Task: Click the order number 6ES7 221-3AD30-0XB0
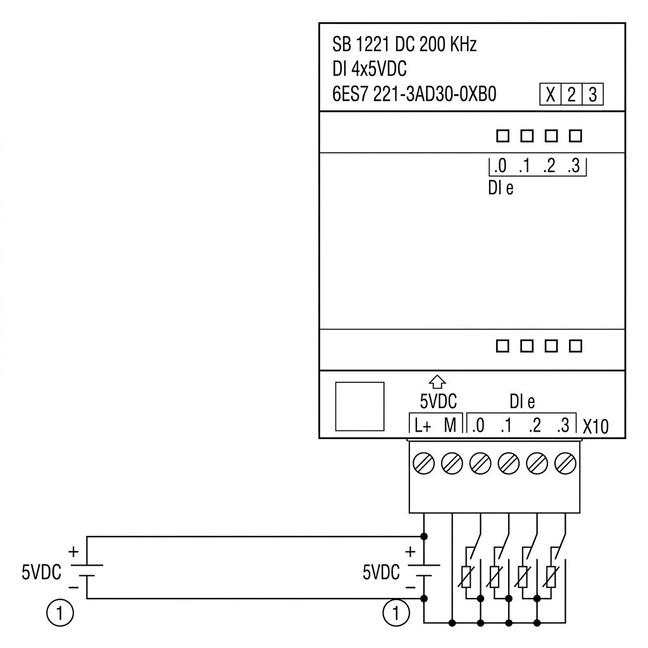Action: click(x=414, y=94)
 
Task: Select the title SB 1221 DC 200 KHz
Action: click(x=404, y=44)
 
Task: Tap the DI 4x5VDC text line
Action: click(x=370, y=69)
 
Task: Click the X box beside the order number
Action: click(x=551, y=95)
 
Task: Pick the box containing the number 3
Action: click(x=593, y=95)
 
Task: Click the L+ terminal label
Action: click(x=423, y=426)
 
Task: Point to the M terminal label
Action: click(x=450, y=425)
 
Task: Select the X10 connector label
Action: click(x=595, y=427)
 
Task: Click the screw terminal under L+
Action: click(x=423, y=463)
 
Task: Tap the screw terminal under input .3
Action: click(x=565, y=463)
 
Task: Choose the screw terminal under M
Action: click(x=452, y=463)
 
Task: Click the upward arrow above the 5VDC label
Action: click(x=437, y=382)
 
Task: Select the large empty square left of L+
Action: click(x=359, y=406)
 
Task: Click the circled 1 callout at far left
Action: click(x=60, y=613)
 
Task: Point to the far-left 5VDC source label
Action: click(x=41, y=572)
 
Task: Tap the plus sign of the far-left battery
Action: click(x=73, y=552)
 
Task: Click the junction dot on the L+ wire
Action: click(x=423, y=537)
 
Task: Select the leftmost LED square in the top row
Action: click(x=502, y=136)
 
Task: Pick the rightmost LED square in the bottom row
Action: click(x=576, y=346)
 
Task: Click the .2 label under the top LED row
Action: click(x=549, y=166)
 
